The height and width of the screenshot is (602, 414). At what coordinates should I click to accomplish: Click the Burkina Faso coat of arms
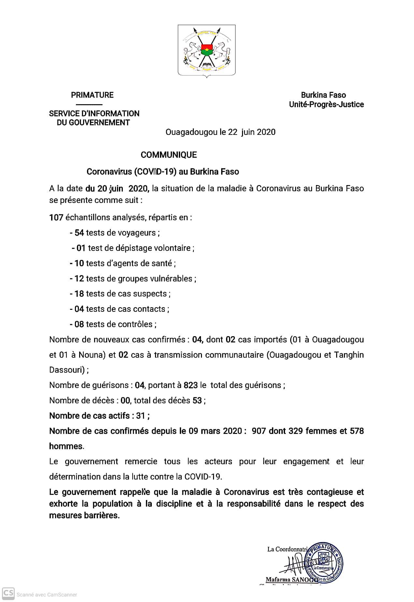(207, 51)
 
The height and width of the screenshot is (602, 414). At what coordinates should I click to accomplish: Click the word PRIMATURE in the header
(92, 95)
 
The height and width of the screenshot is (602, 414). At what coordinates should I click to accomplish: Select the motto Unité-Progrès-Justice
(326, 105)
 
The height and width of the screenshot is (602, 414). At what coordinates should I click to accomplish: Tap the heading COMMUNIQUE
(169, 155)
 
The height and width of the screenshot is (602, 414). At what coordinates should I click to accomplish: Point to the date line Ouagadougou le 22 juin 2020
(221, 132)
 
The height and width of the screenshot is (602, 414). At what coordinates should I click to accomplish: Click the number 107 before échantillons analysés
(56, 218)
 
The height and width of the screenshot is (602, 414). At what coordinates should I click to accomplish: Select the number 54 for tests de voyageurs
(79, 233)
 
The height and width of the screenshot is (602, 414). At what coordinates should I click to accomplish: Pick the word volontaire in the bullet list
(172, 248)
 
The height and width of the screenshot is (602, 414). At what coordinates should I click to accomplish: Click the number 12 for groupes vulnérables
(79, 279)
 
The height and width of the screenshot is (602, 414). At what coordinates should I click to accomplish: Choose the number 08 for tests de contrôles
(79, 324)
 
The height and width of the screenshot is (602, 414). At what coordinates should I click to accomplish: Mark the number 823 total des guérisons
(191, 385)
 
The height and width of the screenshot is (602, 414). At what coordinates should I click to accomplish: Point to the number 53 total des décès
(197, 401)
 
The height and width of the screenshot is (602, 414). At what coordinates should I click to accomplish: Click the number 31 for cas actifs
(140, 416)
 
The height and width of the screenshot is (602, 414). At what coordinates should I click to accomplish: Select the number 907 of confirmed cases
(259, 431)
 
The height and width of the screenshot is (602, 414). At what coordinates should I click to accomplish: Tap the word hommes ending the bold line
(66, 446)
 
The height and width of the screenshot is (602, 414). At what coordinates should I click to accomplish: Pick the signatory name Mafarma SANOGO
(292, 580)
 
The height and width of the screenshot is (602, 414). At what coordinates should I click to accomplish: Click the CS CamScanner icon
(8, 594)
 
